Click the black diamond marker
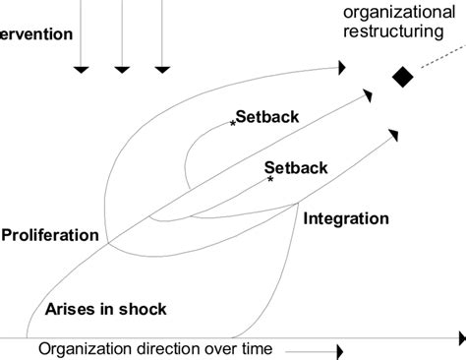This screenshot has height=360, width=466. pyautogui.click(x=401, y=76)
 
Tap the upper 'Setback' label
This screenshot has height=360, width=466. pyautogui.click(x=267, y=116)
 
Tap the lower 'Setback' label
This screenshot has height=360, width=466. pyautogui.click(x=296, y=167)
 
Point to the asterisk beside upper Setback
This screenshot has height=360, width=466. pyautogui.click(x=233, y=123)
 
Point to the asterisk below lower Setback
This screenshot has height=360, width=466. pyautogui.click(x=270, y=180)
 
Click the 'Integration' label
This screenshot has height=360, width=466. pyautogui.click(x=346, y=218)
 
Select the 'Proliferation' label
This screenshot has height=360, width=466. pyautogui.click(x=50, y=235)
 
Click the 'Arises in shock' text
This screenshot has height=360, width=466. pyautogui.click(x=105, y=309)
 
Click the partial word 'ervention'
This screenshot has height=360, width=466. pyautogui.click(x=36, y=34)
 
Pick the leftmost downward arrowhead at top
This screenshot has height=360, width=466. pyautogui.click(x=83, y=69)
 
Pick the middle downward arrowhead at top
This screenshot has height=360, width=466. pyautogui.click(x=122, y=69)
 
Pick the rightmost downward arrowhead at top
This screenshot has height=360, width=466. pyautogui.click(x=161, y=69)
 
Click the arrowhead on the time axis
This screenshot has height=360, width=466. pyautogui.click(x=339, y=350)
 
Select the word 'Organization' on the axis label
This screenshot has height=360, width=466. pyautogui.click(x=85, y=349)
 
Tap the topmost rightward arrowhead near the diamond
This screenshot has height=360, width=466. pyautogui.click(x=340, y=68)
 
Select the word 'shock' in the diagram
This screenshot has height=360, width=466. pyautogui.click(x=144, y=309)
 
